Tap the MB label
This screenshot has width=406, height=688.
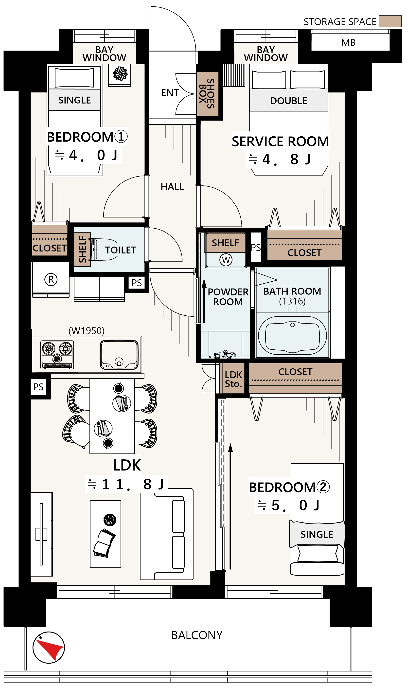tap(348, 43)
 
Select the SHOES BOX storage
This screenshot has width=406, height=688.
tap(207, 94)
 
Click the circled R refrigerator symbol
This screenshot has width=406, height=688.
tap(51, 279)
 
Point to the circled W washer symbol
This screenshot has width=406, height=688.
tap(226, 260)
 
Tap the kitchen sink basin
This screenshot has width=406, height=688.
tap(119, 355)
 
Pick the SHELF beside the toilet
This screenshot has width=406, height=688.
tap(82, 249)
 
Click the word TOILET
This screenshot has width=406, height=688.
tap(121, 250)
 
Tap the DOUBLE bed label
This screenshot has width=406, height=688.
tap(289, 101)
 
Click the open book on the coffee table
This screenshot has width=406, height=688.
tap(104, 543)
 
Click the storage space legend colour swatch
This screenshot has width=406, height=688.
tap(390, 21)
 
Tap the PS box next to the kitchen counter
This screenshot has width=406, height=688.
tap(38, 387)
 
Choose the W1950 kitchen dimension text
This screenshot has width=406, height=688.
tap(87, 331)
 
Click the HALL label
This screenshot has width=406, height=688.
tap(172, 187)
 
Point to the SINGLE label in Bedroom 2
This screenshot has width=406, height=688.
tap(317, 534)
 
